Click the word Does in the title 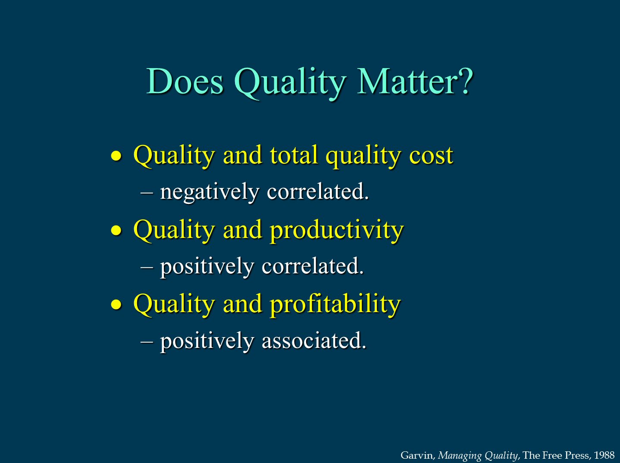tap(185, 81)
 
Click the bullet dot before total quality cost tap(116, 156)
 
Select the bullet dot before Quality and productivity tap(116, 230)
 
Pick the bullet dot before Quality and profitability tap(116, 305)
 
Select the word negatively tap(210, 192)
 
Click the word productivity tap(337, 230)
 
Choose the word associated tap(314, 341)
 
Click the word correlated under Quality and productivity tap(313, 266)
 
